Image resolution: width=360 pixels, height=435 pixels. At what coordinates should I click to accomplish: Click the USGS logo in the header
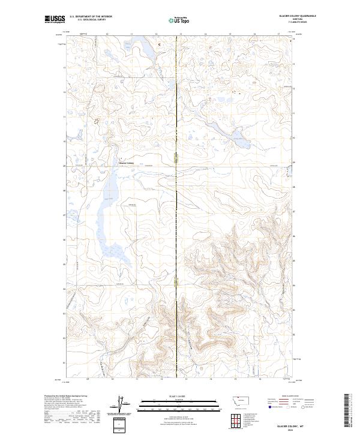(55, 19)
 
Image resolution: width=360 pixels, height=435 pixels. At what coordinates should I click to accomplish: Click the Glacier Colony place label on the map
(125, 163)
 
